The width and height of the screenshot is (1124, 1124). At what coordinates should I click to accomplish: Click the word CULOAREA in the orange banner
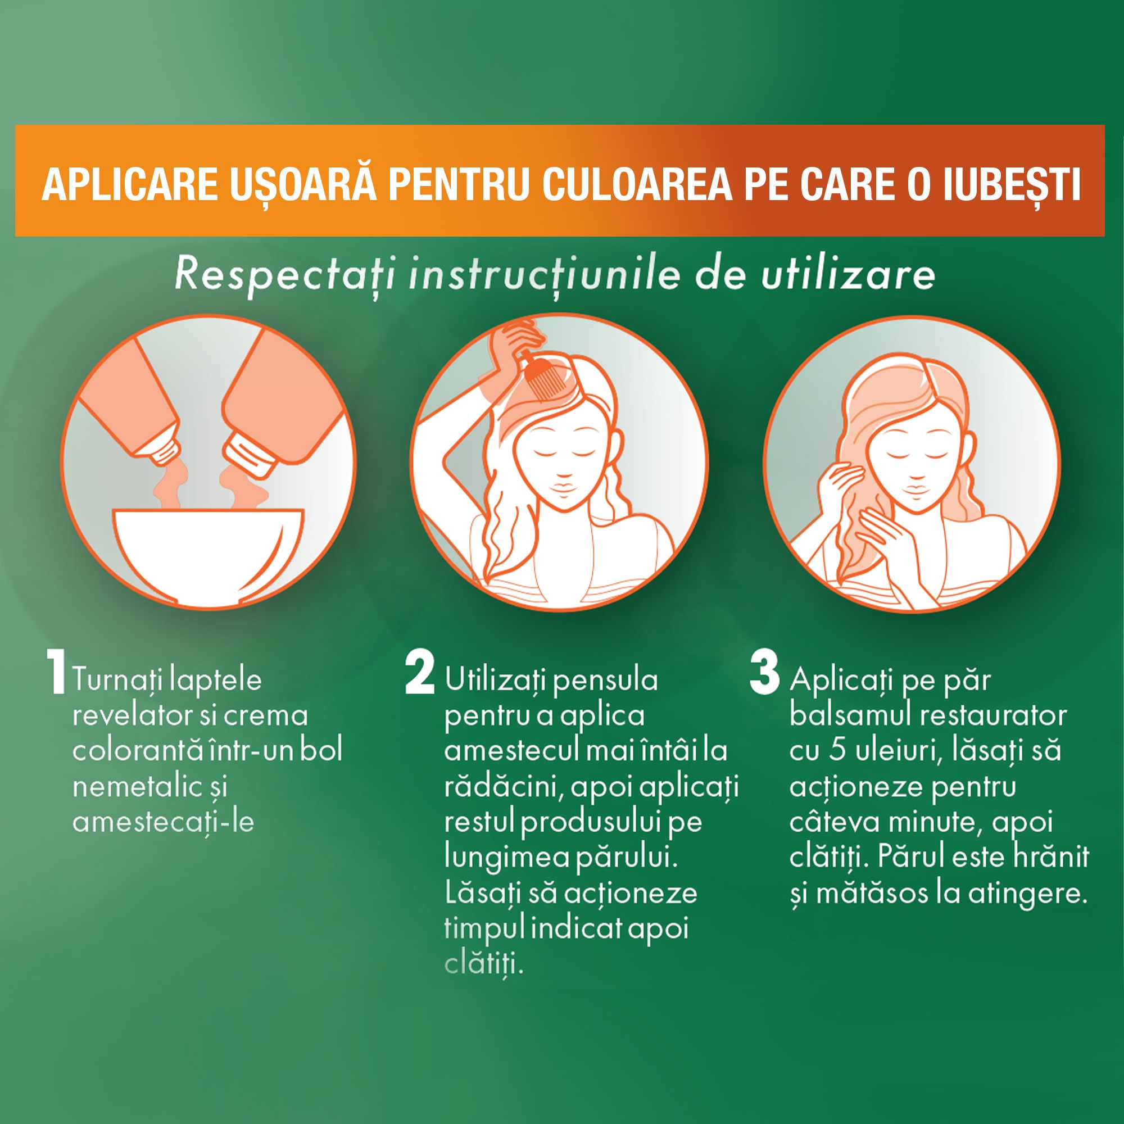tap(637, 185)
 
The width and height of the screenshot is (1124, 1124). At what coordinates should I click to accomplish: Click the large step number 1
tap(56, 673)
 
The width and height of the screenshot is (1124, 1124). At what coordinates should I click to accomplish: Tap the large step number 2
tap(419, 673)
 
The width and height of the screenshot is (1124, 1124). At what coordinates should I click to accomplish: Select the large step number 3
tap(764, 673)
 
